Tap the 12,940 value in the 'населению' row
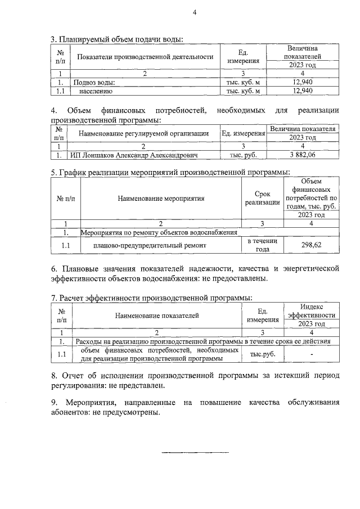point(303,90)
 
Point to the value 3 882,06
point(303,154)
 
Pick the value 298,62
point(312,245)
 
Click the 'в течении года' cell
point(263,245)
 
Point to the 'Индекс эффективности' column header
point(312,310)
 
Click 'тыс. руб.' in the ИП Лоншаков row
point(243,154)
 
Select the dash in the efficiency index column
point(312,354)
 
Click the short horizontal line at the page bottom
point(196,452)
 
